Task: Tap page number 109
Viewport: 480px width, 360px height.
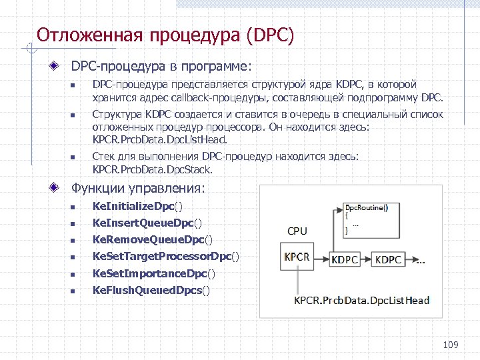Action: coord(451,345)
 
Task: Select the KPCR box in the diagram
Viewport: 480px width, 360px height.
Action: coord(296,257)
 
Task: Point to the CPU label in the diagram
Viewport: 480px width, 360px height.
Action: coord(297,231)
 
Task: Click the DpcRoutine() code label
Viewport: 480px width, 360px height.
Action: coord(365,207)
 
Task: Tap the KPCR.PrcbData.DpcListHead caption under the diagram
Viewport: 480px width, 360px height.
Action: coord(362,300)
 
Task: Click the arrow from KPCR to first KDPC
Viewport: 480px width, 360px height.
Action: coord(319,258)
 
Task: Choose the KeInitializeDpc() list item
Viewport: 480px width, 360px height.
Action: coord(137,207)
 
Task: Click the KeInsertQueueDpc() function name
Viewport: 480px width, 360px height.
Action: coord(147,223)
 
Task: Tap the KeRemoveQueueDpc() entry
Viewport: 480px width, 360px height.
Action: coord(153,239)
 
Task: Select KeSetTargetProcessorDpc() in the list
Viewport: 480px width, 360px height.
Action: coord(165,256)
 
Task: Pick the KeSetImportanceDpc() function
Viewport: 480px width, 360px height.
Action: coord(154,273)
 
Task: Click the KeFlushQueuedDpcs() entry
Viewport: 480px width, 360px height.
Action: coord(151,290)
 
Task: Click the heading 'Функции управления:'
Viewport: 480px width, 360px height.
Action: coord(139,189)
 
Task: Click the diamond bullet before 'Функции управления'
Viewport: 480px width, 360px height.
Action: coord(61,189)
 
